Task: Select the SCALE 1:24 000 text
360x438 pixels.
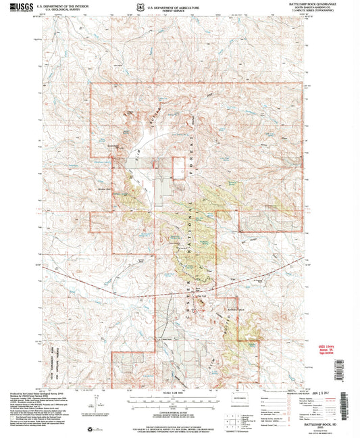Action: click(x=178, y=395)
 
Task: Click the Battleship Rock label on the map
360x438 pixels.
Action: click(x=236, y=309)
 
